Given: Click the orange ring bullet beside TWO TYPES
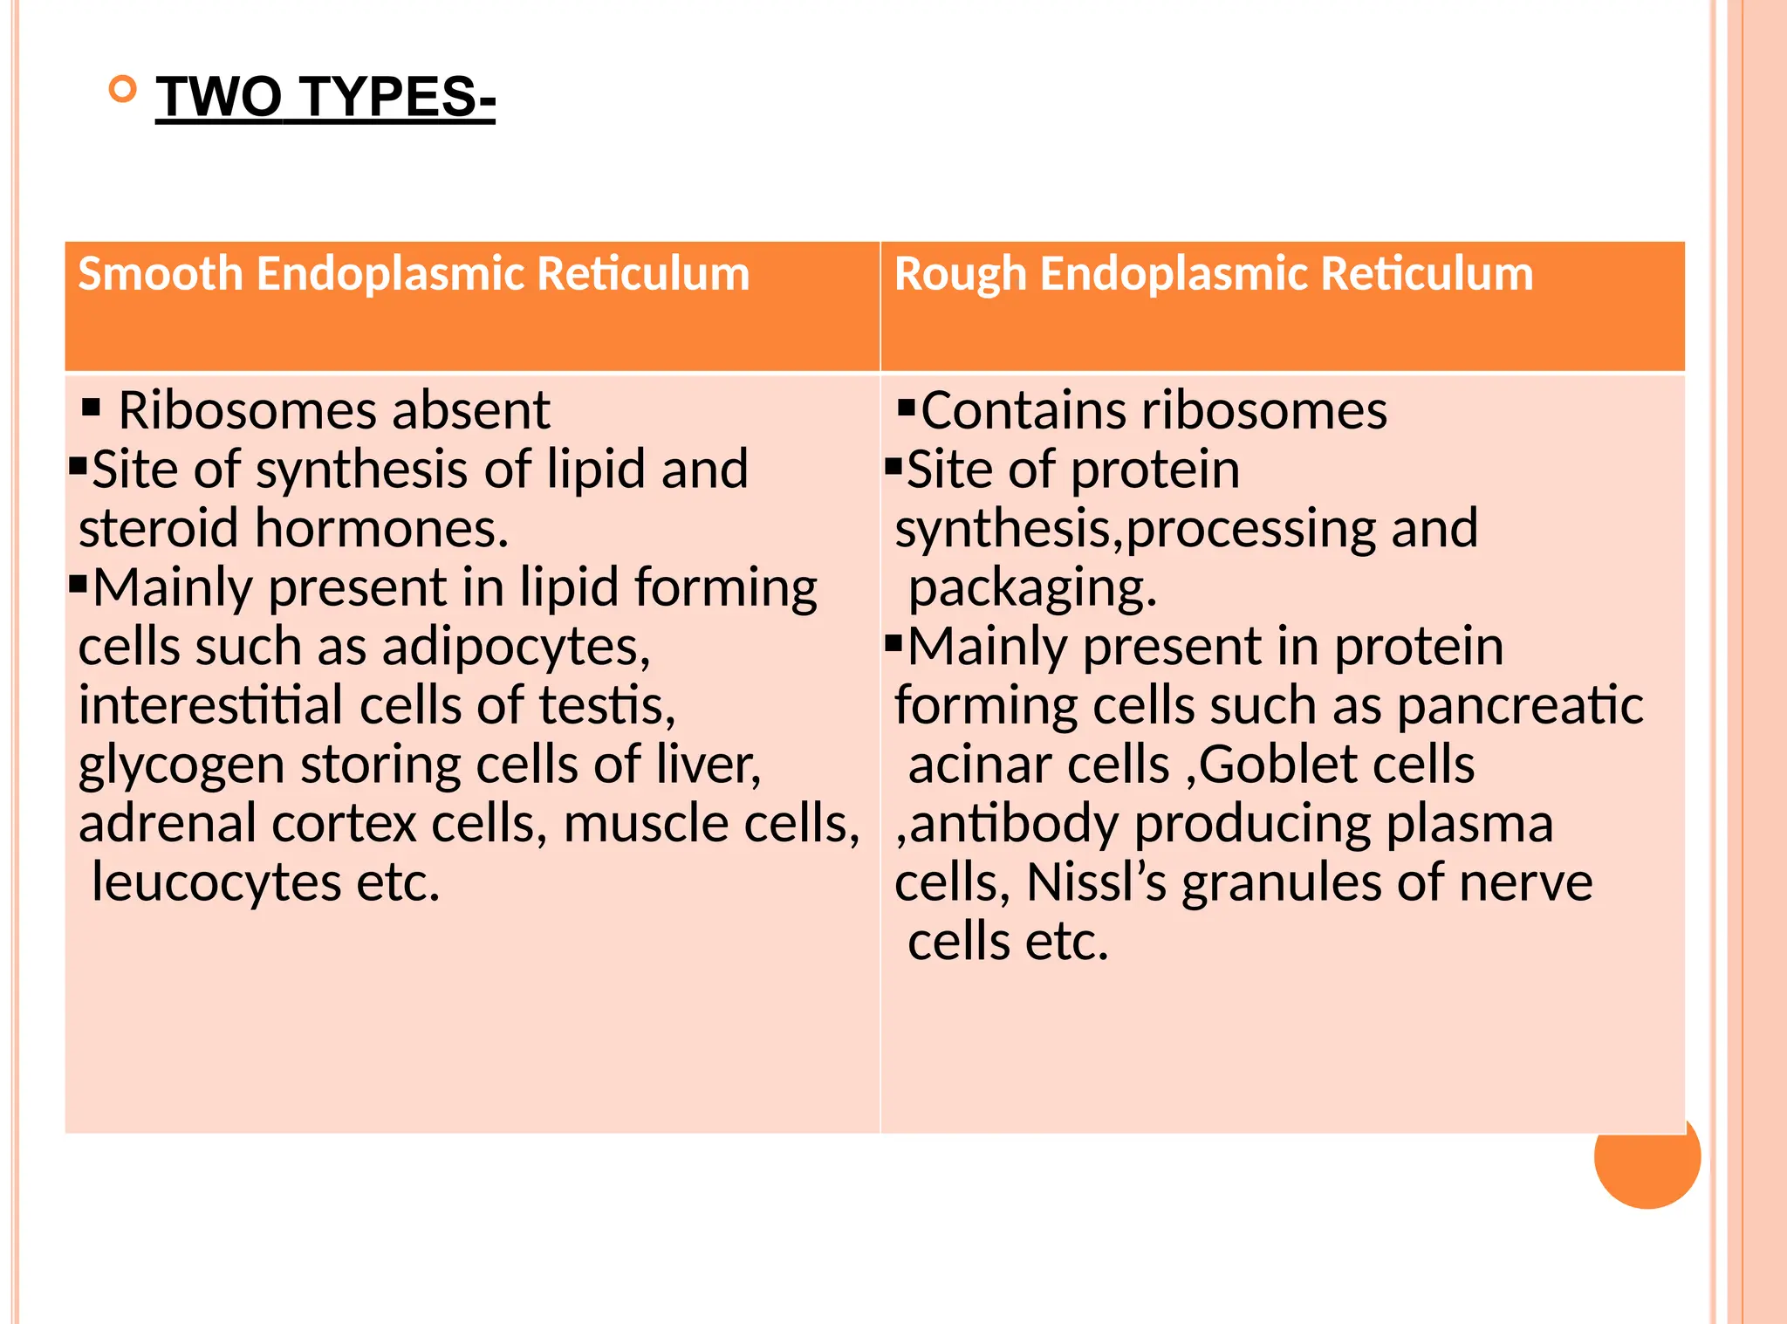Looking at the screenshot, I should pos(123,89).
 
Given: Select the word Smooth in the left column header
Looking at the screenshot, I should pos(160,274).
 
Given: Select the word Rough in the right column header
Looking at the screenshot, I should pos(959,274).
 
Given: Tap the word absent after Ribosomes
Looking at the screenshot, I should pos(471,410).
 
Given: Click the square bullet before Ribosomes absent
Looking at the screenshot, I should pos(91,407).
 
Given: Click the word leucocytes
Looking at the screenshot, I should pos(216,882).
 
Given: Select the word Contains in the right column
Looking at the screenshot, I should pos(1024,410).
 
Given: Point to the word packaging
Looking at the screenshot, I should pos(1032,588).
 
